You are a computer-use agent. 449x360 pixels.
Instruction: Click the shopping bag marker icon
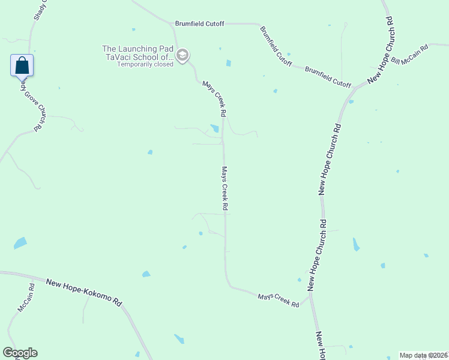22,65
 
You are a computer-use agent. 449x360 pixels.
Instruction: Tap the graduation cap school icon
182,56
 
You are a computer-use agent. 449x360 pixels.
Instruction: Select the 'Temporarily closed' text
145,64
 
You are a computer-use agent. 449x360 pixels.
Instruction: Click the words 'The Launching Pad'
138,49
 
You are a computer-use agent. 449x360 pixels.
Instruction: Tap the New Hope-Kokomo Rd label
83,292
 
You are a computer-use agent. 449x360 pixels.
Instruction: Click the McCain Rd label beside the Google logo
26,298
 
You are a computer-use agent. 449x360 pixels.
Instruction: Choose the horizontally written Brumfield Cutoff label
199,23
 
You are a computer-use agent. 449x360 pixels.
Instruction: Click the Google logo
20,353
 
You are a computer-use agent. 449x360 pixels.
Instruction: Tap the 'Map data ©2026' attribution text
424,355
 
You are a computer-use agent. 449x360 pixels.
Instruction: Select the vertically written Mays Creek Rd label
225,188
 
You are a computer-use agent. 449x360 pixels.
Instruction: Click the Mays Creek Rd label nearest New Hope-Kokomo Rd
279,300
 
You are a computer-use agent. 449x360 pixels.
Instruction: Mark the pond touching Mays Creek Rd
215,128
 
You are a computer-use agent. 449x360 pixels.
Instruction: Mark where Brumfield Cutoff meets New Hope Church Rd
356,88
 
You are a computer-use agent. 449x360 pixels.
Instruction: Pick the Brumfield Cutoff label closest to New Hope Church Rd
328,77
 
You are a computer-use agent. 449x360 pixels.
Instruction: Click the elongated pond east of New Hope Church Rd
356,244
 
